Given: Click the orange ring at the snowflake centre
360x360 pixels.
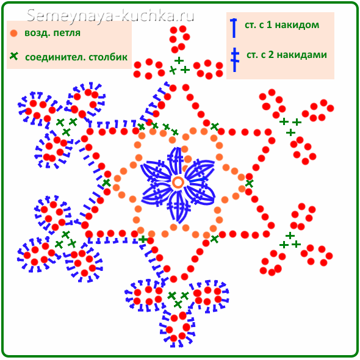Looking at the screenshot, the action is tap(178, 183).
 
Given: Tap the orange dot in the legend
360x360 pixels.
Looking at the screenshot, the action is tap(14, 34).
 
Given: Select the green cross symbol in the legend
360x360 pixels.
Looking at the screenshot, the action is tap(14, 56).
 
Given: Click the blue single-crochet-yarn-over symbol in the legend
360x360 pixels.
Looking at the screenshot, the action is tap(234, 28).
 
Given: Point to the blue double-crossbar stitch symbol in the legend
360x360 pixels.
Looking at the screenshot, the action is tap(234, 60).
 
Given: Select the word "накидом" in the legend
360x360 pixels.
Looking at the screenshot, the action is tap(297, 25).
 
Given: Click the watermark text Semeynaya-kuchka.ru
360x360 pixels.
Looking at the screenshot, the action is tap(110, 16).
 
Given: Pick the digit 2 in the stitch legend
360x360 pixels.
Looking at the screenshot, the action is tap(272, 55).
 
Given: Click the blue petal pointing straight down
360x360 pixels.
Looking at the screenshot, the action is tap(179, 207).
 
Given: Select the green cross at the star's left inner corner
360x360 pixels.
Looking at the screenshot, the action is tap(106, 183).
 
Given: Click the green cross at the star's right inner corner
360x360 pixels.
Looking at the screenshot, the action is tap(250, 183).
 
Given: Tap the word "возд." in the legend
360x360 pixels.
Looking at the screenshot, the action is tap(37, 33).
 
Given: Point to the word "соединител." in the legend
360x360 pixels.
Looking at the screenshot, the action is tap(56, 57).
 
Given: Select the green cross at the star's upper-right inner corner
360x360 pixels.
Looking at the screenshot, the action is tap(215, 126).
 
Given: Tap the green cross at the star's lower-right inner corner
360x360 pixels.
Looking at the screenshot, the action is tap(214, 239).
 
